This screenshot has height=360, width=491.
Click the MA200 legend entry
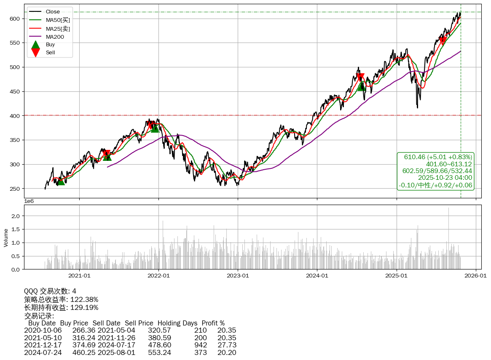[54, 37]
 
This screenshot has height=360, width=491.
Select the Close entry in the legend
[53, 12]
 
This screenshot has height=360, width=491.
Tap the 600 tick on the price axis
[15, 19]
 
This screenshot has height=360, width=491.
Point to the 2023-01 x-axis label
[238, 276]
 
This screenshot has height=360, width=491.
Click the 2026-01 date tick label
[476, 276]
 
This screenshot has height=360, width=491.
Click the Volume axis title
[6, 237]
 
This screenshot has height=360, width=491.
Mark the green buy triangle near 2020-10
[61, 181]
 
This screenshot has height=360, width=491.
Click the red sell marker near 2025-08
[443, 41]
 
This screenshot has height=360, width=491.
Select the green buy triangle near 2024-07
[361, 86]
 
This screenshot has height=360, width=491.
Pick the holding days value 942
[201, 345]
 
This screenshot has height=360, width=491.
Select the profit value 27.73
[227, 345]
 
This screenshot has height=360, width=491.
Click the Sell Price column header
[139, 323]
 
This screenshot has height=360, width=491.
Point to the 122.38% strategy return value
[84, 299]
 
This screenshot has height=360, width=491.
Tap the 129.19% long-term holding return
[84, 307]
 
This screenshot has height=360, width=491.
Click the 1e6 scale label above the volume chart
[30, 201]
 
